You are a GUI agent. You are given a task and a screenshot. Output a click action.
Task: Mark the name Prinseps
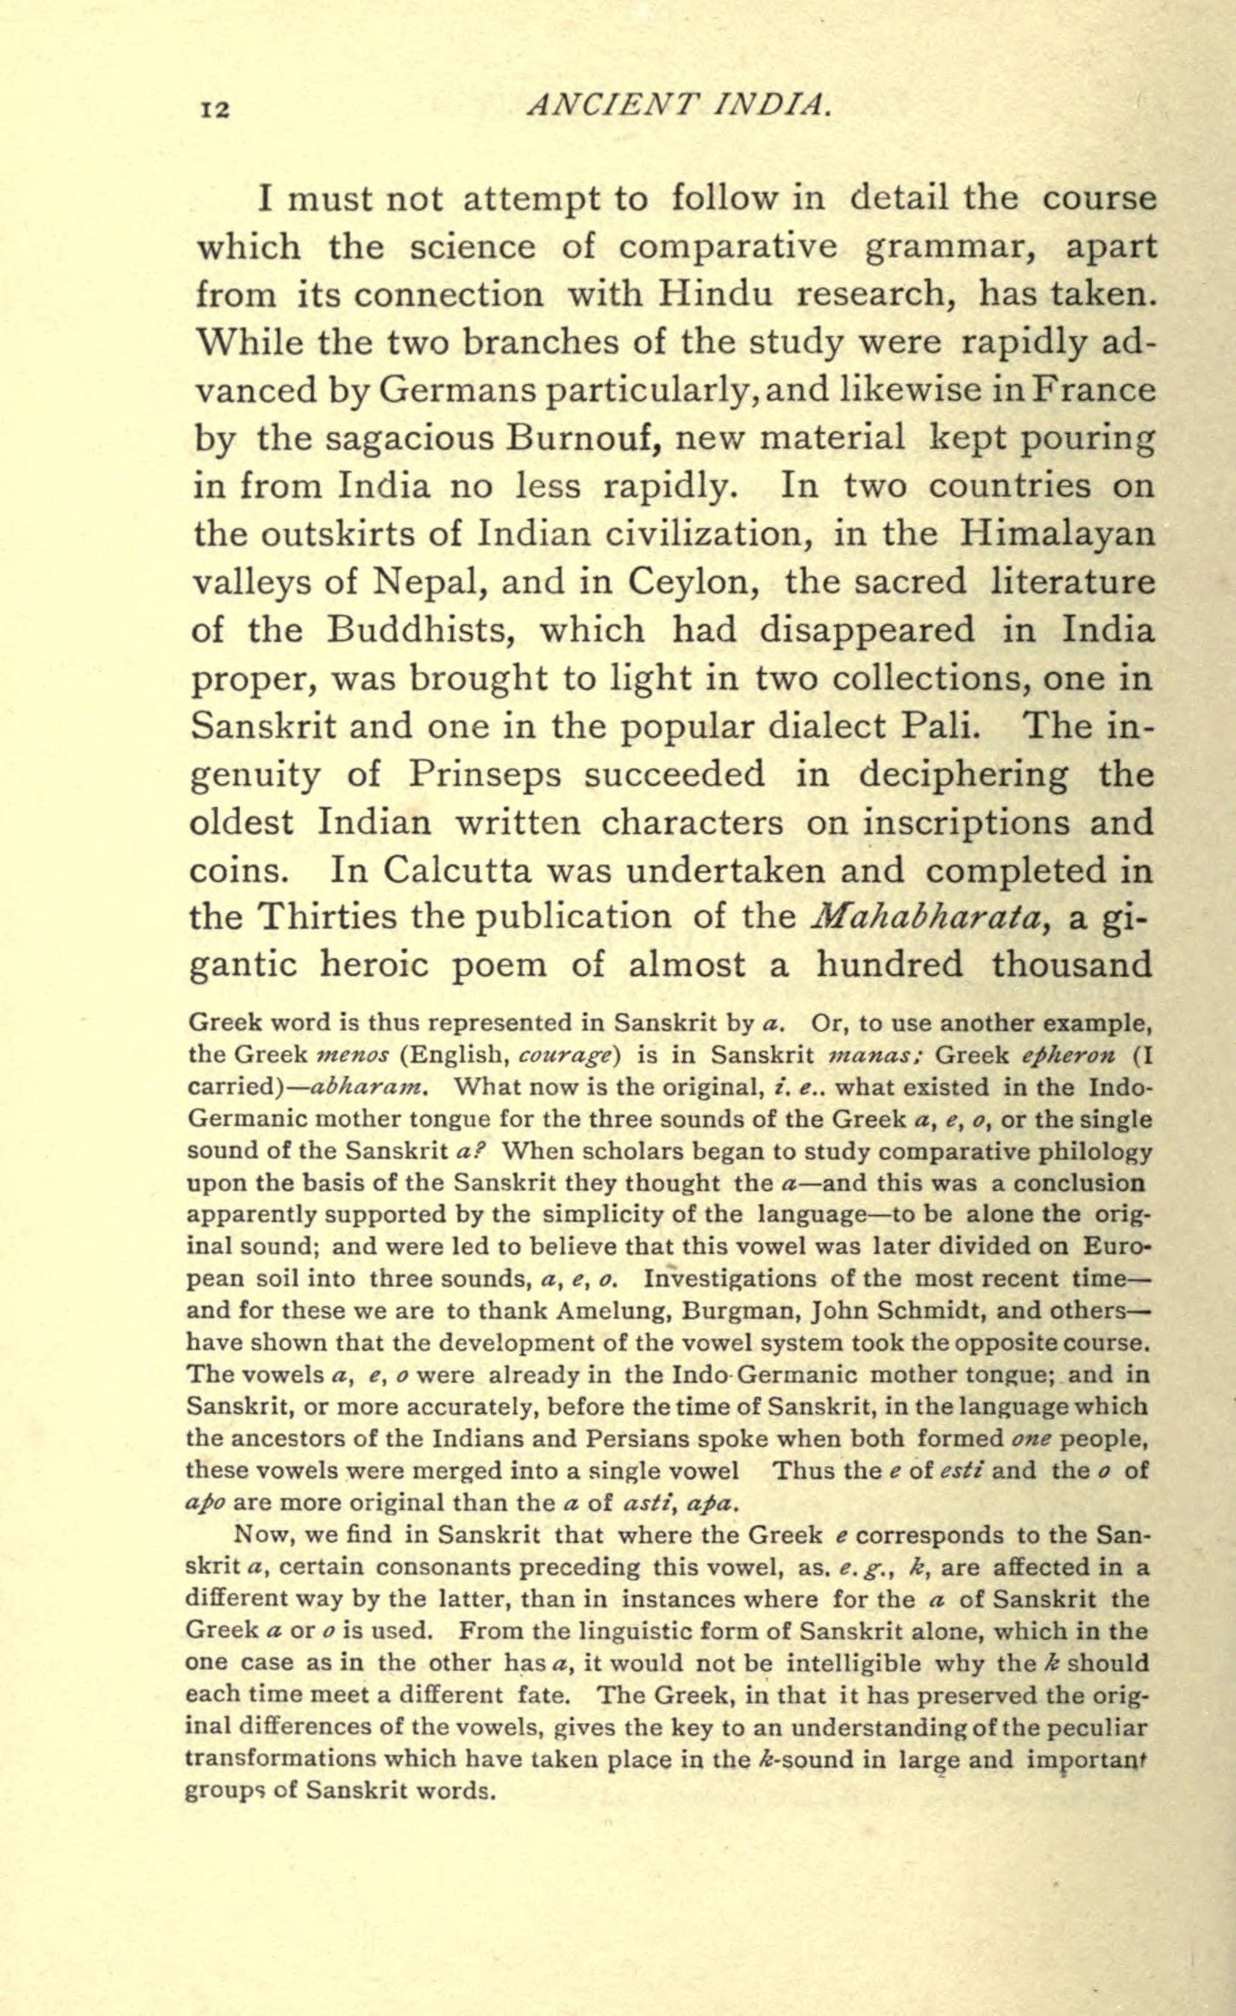[x=484, y=774]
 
